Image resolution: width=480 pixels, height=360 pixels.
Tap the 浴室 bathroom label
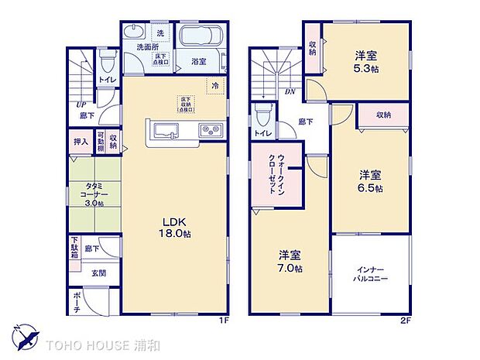199,61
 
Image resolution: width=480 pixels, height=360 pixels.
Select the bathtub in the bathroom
200,37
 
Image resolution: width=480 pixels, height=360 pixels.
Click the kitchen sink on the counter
164,129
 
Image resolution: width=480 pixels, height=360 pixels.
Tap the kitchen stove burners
209,129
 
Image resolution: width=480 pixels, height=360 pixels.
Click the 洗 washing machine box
160,33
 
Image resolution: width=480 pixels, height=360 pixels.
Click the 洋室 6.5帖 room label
369,180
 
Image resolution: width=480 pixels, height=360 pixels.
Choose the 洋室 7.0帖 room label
290,260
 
